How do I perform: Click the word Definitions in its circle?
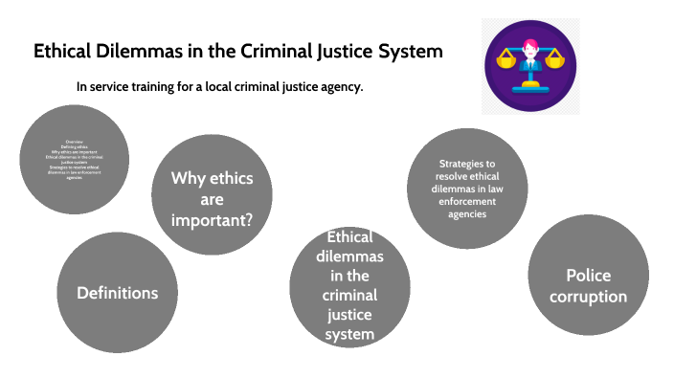pyautogui.click(x=117, y=292)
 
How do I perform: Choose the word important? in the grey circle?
pyautogui.click(x=212, y=220)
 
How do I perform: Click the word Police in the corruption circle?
pyautogui.click(x=588, y=276)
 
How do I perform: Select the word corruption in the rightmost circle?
pyautogui.click(x=588, y=297)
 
